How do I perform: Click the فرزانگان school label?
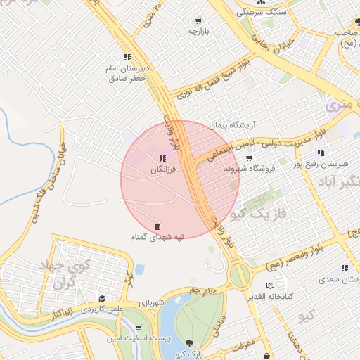click(162, 170)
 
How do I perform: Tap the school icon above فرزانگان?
click(162, 159)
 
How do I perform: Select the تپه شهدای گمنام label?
click(155, 238)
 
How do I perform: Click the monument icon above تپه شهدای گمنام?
click(156, 226)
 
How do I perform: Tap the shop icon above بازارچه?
click(198, 21)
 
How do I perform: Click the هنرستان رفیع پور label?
click(324, 164)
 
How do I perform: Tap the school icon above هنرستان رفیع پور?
click(321, 153)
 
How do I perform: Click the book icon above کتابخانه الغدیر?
click(271, 286)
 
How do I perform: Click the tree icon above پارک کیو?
click(189, 344)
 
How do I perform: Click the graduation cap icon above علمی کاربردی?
click(103, 299)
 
